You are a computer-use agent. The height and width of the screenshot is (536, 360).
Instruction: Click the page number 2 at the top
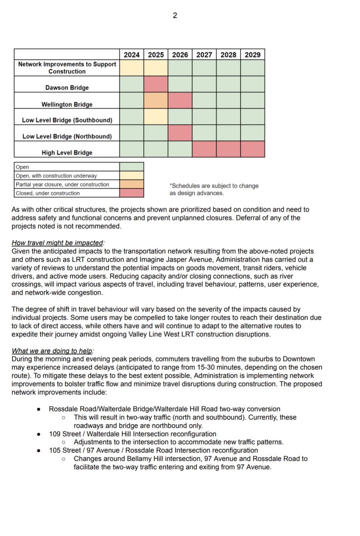pyautogui.click(x=175, y=15)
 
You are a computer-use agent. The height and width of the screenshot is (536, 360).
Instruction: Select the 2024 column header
pyautogui.click(x=132, y=55)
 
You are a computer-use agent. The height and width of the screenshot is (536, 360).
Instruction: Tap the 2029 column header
pyautogui.click(x=252, y=55)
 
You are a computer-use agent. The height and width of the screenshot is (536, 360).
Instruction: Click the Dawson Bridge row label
pyautogui.click(x=67, y=88)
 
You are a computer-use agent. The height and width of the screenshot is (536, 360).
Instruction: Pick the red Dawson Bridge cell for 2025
pyautogui.click(x=156, y=84)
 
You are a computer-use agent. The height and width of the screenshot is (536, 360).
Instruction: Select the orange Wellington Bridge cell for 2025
pyautogui.click(x=156, y=100)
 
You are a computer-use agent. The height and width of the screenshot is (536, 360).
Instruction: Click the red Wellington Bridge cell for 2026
pyautogui.click(x=180, y=100)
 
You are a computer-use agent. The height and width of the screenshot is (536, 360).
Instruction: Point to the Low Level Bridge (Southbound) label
pyautogui.click(x=67, y=120)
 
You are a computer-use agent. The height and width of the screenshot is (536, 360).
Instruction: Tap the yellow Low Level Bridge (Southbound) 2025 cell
pyautogui.click(x=156, y=117)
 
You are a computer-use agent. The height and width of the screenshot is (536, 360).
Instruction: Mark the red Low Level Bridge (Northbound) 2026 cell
pyautogui.click(x=180, y=133)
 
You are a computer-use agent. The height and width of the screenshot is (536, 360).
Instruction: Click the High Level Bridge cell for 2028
pyautogui.click(x=228, y=149)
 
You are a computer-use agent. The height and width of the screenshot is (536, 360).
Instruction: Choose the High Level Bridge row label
pyautogui.click(x=67, y=153)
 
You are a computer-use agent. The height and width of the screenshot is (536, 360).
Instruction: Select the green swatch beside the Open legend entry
pyautogui.click(x=132, y=167)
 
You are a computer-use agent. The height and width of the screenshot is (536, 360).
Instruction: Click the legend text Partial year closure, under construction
pyautogui.click(x=62, y=184)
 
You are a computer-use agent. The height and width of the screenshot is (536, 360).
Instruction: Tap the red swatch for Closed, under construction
pyautogui.click(x=132, y=193)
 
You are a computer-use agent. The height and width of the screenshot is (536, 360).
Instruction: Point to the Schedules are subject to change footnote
pyautogui.click(x=214, y=189)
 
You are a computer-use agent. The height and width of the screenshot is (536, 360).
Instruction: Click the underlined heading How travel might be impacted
pyautogui.click(x=57, y=243)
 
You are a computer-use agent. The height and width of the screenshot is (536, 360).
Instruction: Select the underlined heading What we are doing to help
pyautogui.click(x=52, y=351)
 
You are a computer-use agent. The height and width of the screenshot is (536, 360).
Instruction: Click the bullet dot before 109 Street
pyautogui.click(x=39, y=434)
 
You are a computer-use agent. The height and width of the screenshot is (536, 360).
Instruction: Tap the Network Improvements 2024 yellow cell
pyautogui.click(x=132, y=68)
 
